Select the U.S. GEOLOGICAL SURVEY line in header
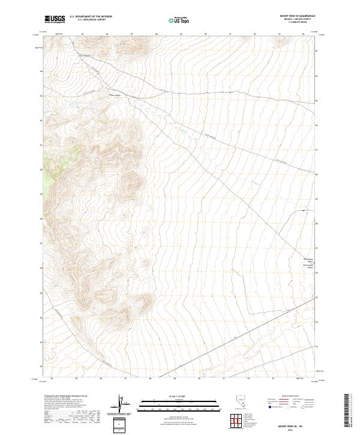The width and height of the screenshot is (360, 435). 90,20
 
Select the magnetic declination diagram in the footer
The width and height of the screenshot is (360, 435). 121,403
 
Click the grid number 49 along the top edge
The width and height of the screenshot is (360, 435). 181,34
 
